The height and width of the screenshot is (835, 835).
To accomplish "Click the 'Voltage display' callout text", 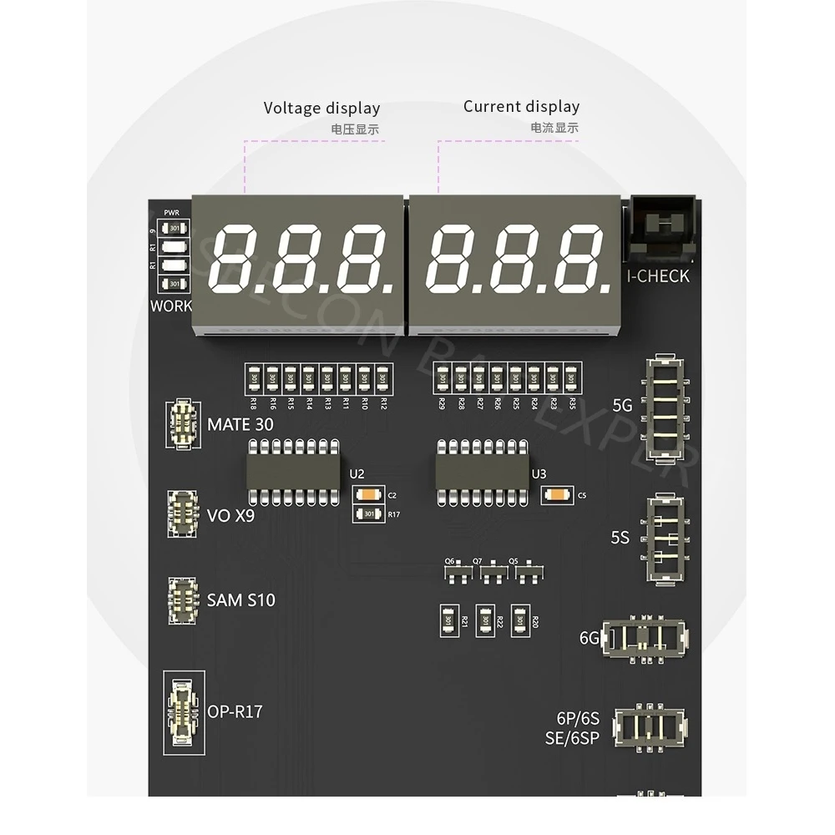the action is (321, 108).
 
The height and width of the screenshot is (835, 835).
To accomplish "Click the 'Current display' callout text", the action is (521, 106).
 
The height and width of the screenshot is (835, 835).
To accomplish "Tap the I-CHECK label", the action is (658, 276).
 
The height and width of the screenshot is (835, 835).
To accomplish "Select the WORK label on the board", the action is (171, 306).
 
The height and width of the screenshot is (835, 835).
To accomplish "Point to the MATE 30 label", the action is (240, 424).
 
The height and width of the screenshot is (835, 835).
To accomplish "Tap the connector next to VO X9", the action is (183, 513).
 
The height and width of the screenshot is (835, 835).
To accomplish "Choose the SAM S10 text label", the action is (240, 600).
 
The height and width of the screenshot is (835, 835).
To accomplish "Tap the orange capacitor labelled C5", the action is (556, 495).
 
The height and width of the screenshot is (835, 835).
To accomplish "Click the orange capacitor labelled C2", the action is (368, 495).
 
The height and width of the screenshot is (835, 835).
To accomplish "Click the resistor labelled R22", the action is (484, 620).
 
